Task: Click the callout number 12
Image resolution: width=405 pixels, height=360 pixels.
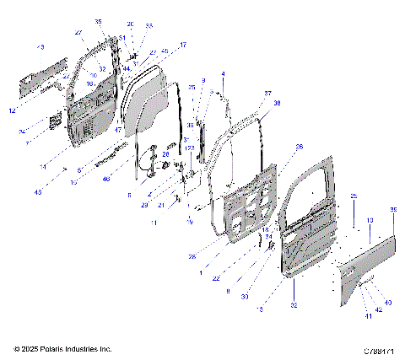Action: coord(12,110)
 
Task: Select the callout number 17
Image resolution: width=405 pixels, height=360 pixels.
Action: coord(183,45)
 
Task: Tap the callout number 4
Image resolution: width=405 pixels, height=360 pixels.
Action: coord(223,75)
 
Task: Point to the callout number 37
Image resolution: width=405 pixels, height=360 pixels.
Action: coord(267,93)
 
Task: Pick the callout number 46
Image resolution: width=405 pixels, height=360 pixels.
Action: coord(106,179)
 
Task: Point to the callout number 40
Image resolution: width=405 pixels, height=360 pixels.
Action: coord(387,302)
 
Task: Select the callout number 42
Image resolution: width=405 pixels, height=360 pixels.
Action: coord(378,309)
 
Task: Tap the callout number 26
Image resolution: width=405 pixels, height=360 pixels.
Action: coord(299,147)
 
